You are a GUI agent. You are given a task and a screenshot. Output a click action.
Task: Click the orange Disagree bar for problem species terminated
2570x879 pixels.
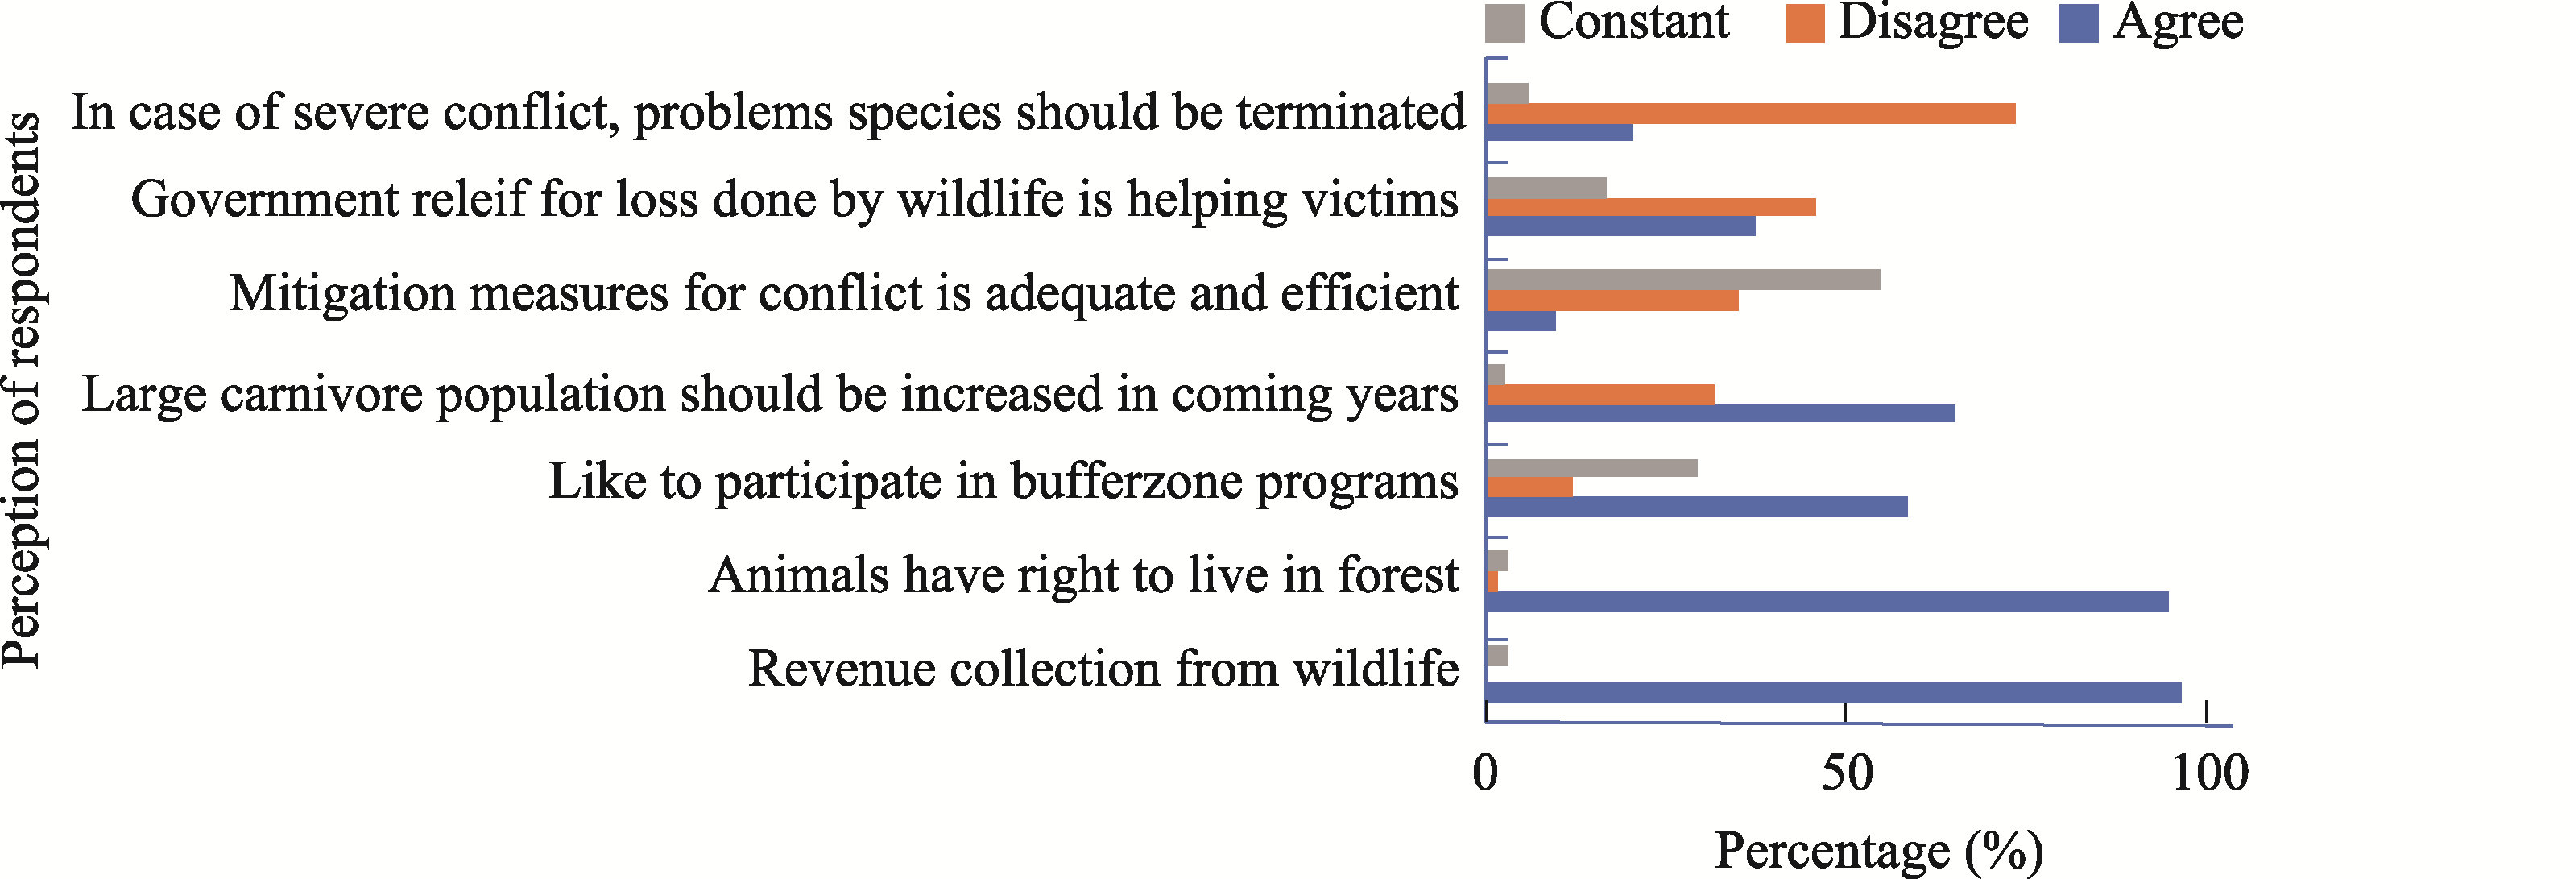[1751, 113]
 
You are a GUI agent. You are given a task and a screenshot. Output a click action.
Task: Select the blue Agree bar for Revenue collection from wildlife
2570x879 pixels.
[1834, 692]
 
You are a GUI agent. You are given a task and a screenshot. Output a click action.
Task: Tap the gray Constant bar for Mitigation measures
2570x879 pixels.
[1683, 280]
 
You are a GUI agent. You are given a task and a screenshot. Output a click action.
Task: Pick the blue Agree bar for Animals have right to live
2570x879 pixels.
[1827, 602]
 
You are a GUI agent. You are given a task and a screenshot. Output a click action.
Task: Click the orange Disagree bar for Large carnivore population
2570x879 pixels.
[1600, 394]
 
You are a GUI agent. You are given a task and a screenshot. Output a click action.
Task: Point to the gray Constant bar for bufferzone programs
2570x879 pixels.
[1592, 468]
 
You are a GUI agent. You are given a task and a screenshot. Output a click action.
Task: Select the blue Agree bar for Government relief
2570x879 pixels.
[1621, 226]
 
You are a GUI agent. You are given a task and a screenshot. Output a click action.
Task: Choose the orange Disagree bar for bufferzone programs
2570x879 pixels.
[1529, 487]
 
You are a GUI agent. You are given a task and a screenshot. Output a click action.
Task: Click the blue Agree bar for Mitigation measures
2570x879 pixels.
[1521, 321]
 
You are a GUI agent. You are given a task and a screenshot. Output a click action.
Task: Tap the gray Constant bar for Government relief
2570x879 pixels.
[1546, 188]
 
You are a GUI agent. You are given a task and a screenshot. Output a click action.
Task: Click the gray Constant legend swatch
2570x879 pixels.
[1504, 23]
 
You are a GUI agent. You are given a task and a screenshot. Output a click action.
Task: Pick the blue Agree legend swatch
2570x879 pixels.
[2078, 23]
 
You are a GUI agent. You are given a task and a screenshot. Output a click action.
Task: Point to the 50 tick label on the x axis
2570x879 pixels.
[1847, 773]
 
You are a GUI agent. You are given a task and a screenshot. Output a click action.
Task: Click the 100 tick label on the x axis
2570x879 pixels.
[2210, 773]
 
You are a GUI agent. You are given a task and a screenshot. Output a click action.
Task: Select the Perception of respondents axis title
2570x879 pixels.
[24, 390]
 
